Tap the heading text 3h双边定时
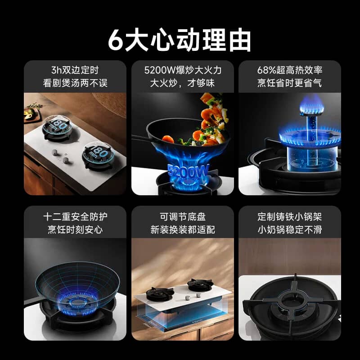coord(75,70)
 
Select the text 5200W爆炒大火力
coord(183,70)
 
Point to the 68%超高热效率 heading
coord(290,70)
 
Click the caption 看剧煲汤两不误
coord(75,83)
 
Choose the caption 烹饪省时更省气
coord(290,83)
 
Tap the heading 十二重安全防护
coord(75,217)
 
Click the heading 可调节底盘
coord(183,217)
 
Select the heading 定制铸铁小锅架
coord(290,217)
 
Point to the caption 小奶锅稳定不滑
coord(290,229)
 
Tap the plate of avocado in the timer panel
coord(31,114)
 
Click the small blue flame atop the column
coord(311,105)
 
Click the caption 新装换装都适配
coord(183,229)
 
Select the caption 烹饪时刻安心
coord(75,229)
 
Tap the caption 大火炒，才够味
coord(183,83)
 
